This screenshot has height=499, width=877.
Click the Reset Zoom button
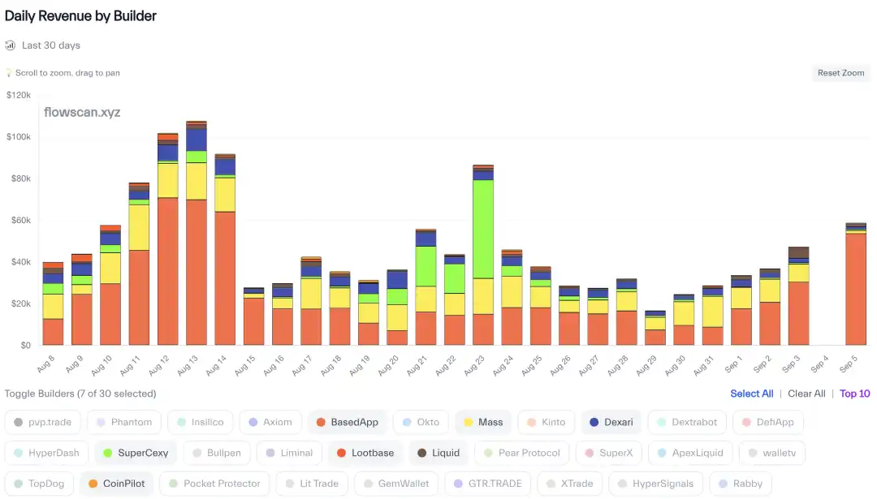point(840,73)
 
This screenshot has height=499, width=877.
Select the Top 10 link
point(854,394)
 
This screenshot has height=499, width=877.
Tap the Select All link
point(751,394)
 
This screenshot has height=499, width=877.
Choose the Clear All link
point(806,394)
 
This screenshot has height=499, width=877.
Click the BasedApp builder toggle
point(347,422)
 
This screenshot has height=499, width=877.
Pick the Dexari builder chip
point(611,422)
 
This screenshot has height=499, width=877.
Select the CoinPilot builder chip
point(115,484)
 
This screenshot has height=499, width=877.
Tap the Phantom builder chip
point(123,422)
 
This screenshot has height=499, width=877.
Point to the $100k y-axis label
point(18,136)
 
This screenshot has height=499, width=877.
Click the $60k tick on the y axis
point(19,220)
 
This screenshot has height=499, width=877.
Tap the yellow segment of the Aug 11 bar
point(139,227)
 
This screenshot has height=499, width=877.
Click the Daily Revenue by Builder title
point(80,15)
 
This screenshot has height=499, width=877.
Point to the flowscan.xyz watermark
point(82,112)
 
